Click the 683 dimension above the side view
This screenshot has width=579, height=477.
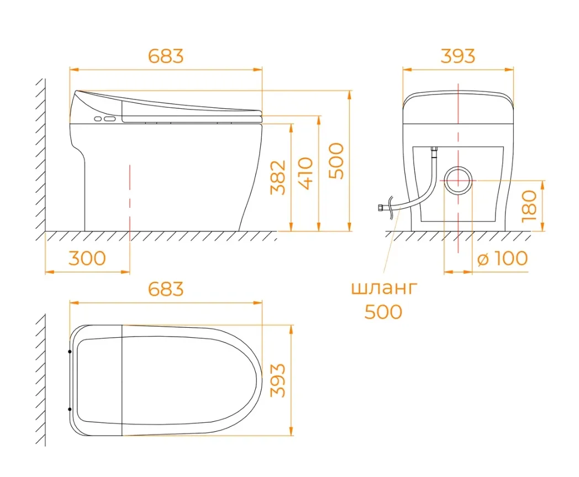166,56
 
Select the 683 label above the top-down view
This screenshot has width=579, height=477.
166,289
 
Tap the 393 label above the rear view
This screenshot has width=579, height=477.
458,56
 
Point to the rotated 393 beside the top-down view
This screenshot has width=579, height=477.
278,380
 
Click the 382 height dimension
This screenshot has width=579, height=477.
278,177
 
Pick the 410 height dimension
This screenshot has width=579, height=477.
306,174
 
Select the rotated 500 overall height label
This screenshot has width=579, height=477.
336,161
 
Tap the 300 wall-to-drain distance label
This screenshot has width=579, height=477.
87,258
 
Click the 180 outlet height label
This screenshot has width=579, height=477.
529,206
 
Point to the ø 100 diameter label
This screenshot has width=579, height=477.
503,258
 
